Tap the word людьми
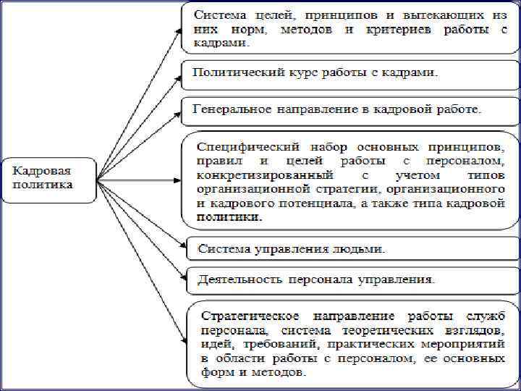coord(360,248)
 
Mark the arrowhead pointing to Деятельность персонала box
coord(182,278)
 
